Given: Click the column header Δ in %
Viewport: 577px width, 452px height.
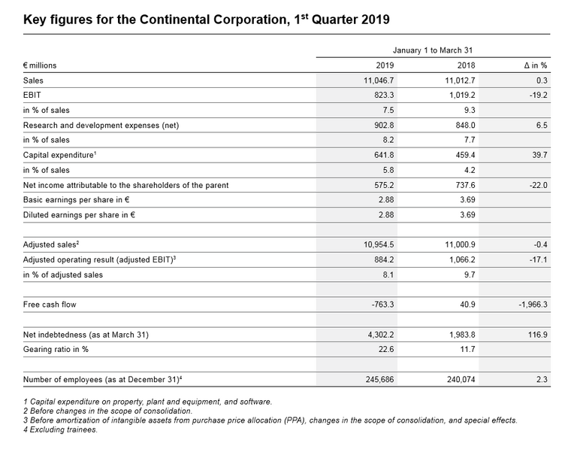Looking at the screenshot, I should [x=535, y=65].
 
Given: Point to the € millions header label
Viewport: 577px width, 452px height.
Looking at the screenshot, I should [x=40, y=65].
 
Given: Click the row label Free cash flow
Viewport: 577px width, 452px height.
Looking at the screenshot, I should [x=50, y=305].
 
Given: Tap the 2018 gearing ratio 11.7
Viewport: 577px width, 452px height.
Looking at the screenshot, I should [x=467, y=350].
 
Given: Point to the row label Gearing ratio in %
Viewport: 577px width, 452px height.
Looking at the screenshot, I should [x=56, y=350].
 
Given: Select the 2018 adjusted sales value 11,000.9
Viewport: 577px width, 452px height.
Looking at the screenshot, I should [x=457, y=245].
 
